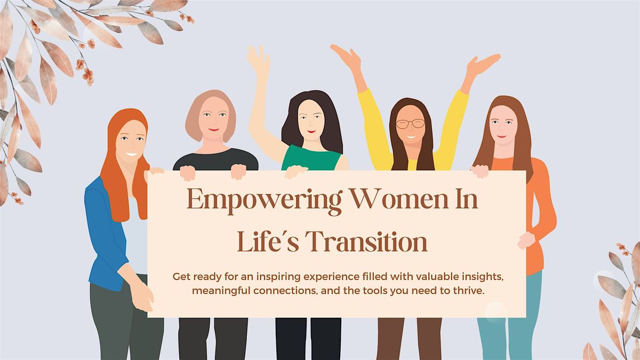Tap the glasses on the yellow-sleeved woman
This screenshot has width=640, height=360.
pyautogui.click(x=410, y=124)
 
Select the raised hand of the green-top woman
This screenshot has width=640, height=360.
pyautogui.click(x=258, y=60)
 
